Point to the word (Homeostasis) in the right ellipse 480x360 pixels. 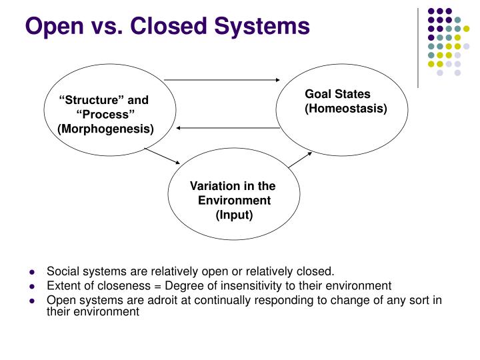click(346, 108)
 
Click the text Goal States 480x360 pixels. click(337, 94)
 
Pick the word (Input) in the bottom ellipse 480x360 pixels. click(233, 215)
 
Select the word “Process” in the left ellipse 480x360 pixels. click(105, 115)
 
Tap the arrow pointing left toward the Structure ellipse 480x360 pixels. click(227, 127)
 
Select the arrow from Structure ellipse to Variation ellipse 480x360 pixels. click(163, 156)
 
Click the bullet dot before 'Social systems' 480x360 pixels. click(32, 273)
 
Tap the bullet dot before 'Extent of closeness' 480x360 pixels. click(32, 285)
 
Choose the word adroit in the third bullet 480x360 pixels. click(140, 299)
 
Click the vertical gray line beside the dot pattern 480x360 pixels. click(417, 47)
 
